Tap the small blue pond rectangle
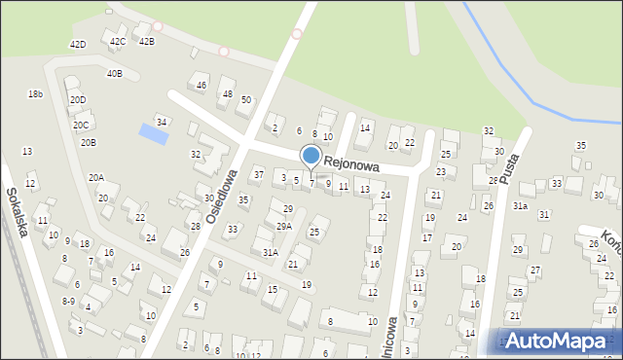pyautogui.click(x=153, y=132)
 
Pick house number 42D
pyautogui.click(x=78, y=45)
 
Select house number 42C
pyautogui.click(x=118, y=42)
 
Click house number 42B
pyautogui.click(x=146, y=42)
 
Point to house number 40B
pyautogui.click(x=115, y=74)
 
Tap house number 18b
pyautogui.click(x=36, y=94)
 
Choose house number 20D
pyautogui.click(x=78, y=100)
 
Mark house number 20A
pyautogui.click(x=96, y=178)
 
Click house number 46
pyautogui.click(x=202, y=86)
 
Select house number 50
pyautogui.click(x=246, y=100)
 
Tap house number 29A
pyautogui.click(x=283, y=226)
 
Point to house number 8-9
pyautogui.click(x=68, y=302)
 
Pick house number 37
pyautogui.click(x=258, y=174)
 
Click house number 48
pyautogui.click(x=228, y=94)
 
